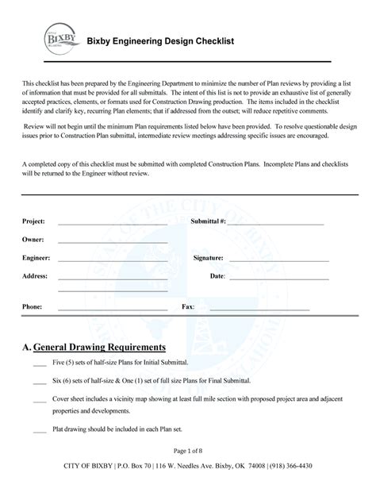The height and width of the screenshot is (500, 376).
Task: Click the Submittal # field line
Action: [276, 222]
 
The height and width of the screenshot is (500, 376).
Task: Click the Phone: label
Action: [32, 306]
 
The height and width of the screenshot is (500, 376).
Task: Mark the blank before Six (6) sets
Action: [39, 383]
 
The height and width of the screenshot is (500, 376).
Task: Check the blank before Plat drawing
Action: [39, 432]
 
